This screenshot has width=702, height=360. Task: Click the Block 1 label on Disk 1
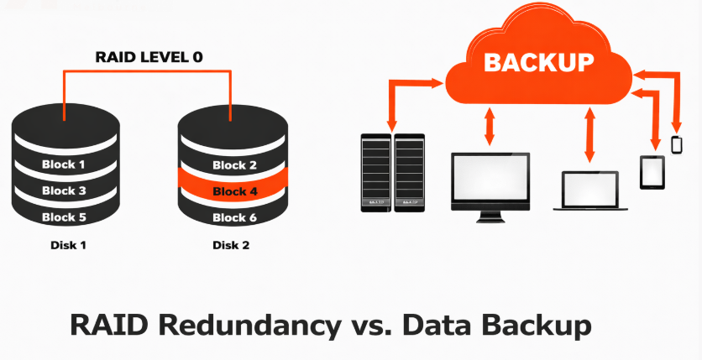(x=64, y=164)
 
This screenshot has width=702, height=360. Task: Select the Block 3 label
(x=64, y=190)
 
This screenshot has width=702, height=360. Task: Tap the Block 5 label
(x=64, y=217)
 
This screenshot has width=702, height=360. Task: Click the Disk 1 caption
(x=65, y=246)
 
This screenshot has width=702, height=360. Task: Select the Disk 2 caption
(x=232, y=246)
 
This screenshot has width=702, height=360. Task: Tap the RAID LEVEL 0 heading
(x=149, y=58)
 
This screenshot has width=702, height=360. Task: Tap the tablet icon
(x=652, y=172)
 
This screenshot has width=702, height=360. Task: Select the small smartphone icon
(x=677, y=144)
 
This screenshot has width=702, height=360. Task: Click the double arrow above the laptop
(x=589, y=135)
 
